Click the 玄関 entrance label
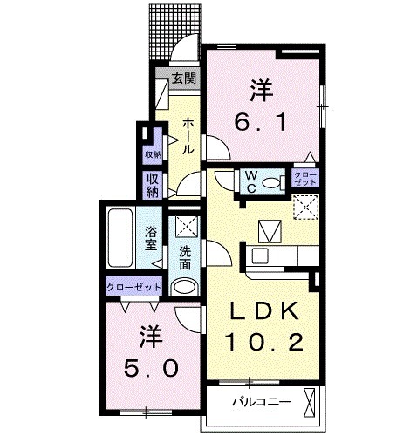tap(182, 78)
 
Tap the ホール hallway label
tap(188, 137)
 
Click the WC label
tap(250, 181)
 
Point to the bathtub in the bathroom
tap(119, 239)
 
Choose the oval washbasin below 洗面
tap(184, 286)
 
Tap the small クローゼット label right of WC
tap(305, 180)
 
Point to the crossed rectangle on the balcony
tap(310, 403)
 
